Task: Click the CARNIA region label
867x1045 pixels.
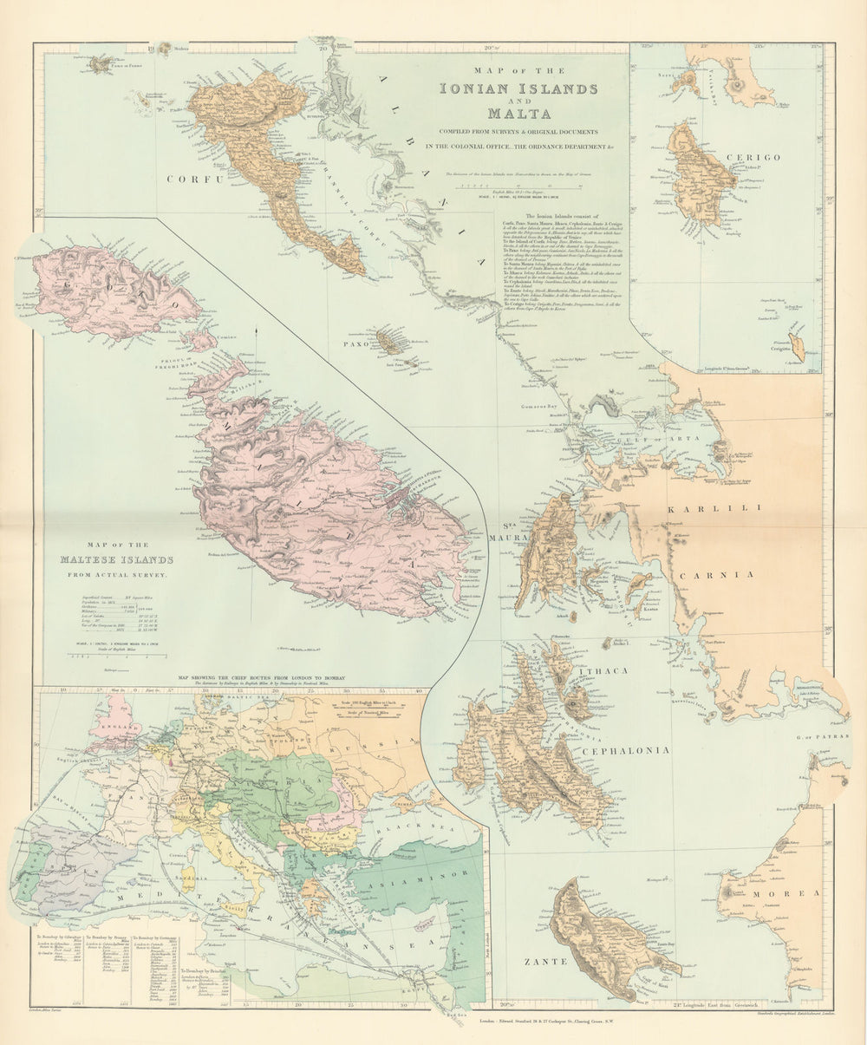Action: pos(714,574)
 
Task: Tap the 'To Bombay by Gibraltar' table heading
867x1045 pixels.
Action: pos(57,937)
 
